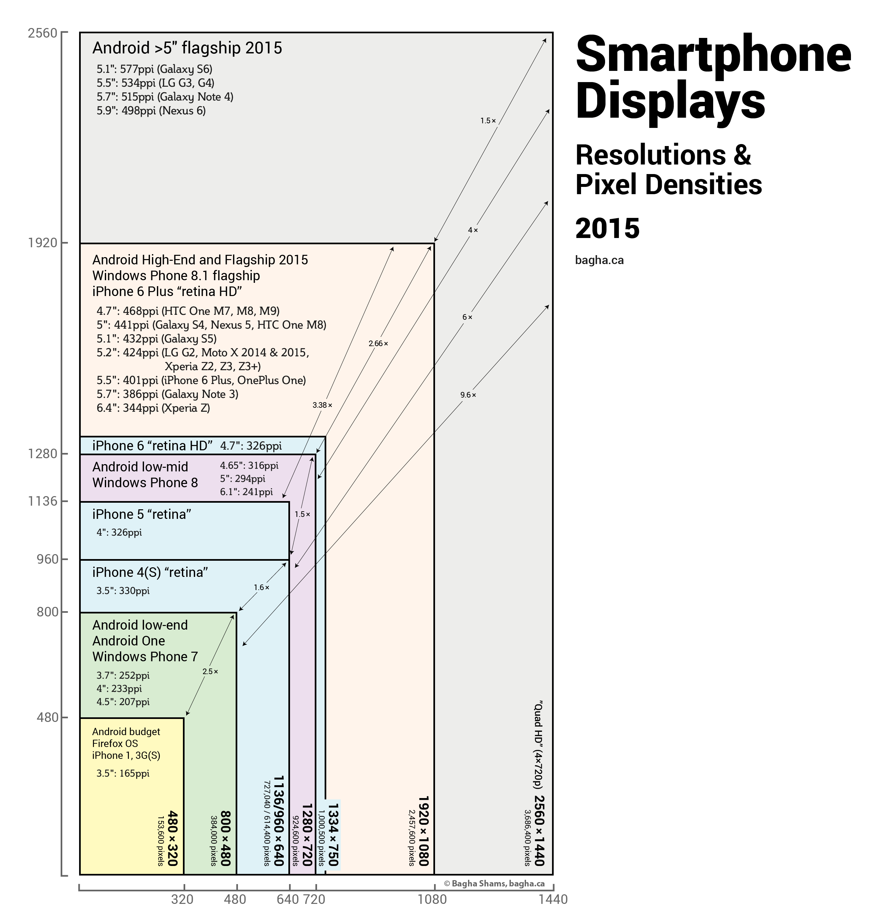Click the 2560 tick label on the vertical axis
tap(42, 34)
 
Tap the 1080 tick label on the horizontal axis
tap(432, 899)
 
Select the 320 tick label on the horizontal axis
tap(182, 899)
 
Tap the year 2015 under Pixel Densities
tap(607, 228)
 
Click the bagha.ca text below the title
tap(599, 260)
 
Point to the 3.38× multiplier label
tap(322, 405)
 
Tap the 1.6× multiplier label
tap(261, 587)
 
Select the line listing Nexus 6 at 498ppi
tap(151, 111)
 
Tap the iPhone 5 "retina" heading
tap(141, 514)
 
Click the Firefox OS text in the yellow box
tap(115, 743)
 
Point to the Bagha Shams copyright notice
tap(494, 883)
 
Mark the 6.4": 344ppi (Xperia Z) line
tap(153, 408)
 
